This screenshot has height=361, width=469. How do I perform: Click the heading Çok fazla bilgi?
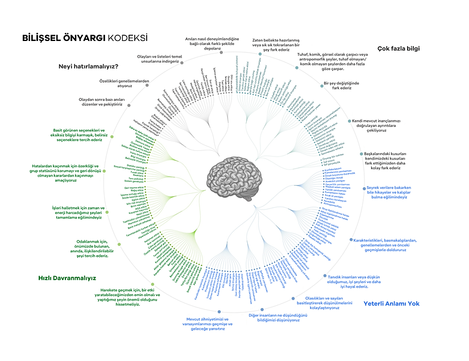[399, 48]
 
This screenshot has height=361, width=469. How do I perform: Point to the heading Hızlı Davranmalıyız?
[67, 278]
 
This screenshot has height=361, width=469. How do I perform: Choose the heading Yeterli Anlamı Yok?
[391, 303]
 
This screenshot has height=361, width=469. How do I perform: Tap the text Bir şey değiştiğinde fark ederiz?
[345, 85]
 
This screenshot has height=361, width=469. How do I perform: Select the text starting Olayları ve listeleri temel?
[159, 59]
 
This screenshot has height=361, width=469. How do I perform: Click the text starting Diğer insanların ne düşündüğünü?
[275, 317]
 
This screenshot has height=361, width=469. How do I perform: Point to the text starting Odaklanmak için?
[84, 248]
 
